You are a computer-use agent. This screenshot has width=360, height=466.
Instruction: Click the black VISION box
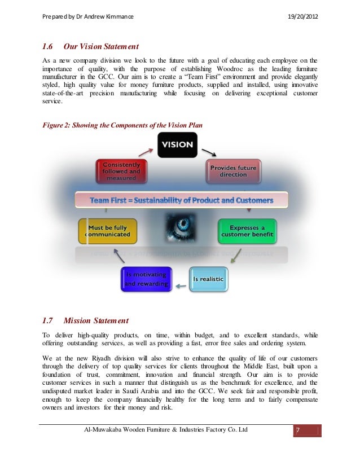tap(177, 145)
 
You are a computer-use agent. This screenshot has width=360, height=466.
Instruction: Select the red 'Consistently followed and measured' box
tap(121, 172)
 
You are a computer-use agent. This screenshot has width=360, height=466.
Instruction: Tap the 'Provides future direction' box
tap(233, 172)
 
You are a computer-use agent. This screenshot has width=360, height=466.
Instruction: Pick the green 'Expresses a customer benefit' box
tap(247, 231)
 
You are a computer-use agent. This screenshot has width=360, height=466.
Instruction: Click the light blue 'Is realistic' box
tap(208, 279)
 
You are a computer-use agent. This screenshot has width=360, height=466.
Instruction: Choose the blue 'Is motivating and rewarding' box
tap(145, 279)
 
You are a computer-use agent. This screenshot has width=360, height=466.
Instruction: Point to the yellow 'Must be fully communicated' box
tap(107, 231)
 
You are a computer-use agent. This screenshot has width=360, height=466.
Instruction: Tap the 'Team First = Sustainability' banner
tap(182, 200)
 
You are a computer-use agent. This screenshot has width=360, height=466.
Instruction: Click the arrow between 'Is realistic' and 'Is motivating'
tap(179, 286)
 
